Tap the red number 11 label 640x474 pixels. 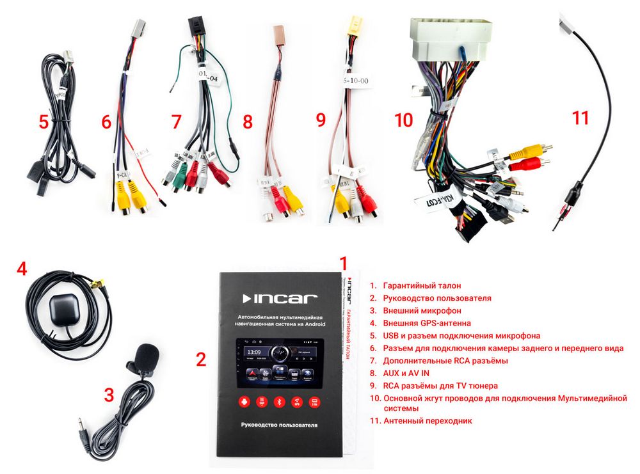click(x=580, y=118)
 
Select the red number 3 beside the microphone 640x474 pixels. click(x=109, y=395)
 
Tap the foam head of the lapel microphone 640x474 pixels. click(x=147, y=355)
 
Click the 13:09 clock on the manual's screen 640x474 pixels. click(x=254, y=352)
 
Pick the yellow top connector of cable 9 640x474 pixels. click(x=353, y=26)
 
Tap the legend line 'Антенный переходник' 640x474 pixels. click(x=427, y=421)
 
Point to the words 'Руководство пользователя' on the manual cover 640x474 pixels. click(x=279, y=425)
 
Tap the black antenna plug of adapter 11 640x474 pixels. click(x=573, y=191)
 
